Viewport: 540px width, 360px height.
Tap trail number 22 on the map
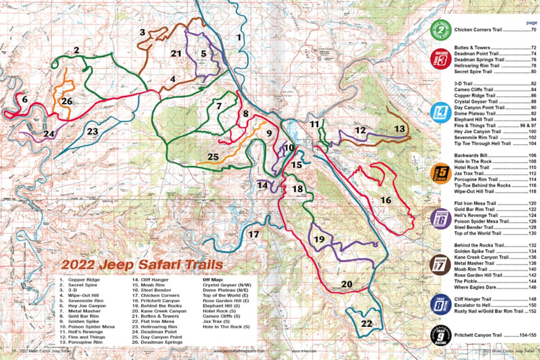[367, 323]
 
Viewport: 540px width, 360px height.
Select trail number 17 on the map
[254, 234]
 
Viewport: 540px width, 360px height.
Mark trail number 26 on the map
[67, 101]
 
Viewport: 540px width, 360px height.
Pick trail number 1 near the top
[239, 37]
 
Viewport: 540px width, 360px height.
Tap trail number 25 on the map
[213, 157]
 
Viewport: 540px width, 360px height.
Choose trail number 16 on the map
[386, 200]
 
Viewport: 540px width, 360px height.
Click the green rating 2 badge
[441, 30]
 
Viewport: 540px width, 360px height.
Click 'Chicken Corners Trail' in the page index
[476, 30]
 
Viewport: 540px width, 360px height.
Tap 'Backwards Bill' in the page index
[471, 155]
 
